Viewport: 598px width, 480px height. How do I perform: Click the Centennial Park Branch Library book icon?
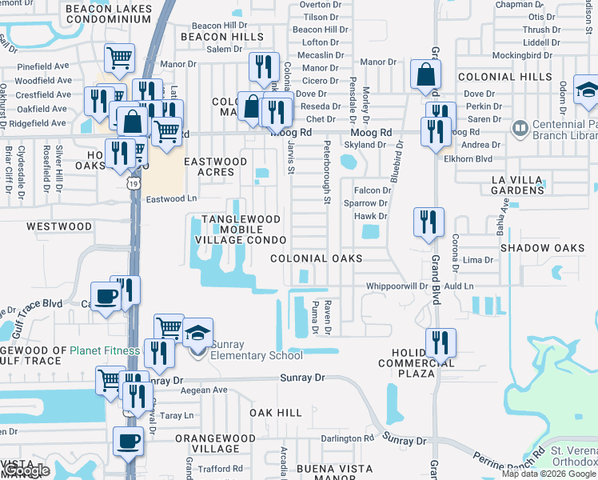click(520, 128)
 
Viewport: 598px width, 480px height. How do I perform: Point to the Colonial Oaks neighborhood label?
click(316, 258)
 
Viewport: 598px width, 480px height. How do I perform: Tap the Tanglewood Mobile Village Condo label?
click(241, 230)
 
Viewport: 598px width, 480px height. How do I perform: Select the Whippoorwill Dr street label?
click(397, 286)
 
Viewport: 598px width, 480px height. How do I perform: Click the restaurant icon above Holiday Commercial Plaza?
click(441, 342)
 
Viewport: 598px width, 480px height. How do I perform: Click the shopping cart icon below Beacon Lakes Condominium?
click(119, 57)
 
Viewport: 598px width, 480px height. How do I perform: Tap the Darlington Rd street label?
click(348, 438)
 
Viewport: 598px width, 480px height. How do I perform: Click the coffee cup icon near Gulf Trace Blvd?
click(106, 296)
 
